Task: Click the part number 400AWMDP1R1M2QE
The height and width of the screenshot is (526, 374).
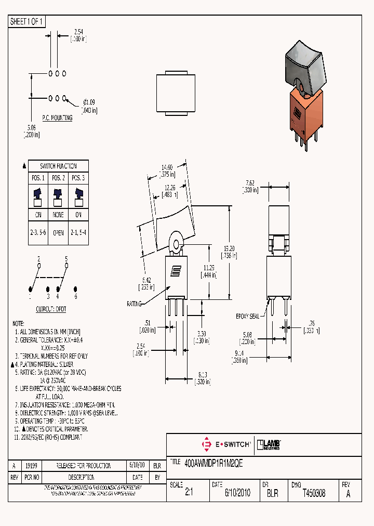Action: tap(213, 462)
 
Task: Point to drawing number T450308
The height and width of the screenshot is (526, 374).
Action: tap(314, 493)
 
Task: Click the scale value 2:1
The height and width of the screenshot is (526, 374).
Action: tap(189, 493)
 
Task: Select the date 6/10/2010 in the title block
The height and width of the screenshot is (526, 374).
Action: tap(237, 493)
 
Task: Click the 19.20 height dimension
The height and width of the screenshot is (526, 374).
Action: tap(230, 248)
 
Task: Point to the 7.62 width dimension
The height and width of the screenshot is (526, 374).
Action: tap(250, 183)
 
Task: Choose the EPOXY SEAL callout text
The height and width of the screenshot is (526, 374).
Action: tap(247, 315)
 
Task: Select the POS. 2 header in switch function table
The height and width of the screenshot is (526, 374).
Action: tap(58, 178)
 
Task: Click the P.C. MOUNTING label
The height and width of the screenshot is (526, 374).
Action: tap(57, 118)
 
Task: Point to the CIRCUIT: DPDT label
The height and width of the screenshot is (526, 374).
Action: tap(50, 309)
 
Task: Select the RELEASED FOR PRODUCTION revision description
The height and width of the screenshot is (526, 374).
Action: tap(84, 466)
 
